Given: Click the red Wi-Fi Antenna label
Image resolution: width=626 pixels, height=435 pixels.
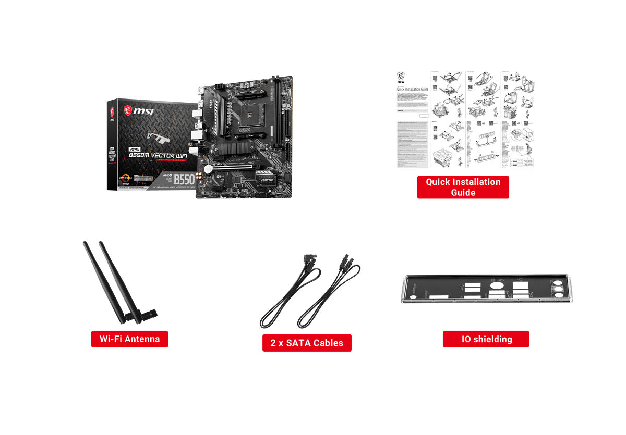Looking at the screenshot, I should coord(129,339).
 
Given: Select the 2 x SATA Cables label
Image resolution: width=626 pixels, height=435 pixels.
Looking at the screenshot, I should coord(307,343).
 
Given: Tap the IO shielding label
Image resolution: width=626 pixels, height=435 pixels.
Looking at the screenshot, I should coord(486,339).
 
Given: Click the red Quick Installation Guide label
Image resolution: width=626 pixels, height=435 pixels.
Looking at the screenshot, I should coord(463,187).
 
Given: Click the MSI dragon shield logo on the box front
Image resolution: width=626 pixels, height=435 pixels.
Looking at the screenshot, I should coord(128,110).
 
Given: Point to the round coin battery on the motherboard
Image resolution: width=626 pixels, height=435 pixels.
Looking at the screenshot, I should coord(209,169).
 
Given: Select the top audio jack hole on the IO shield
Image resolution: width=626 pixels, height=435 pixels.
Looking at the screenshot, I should coord(558,286).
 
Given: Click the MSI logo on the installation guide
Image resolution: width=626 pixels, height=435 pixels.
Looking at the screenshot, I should coord(401,78).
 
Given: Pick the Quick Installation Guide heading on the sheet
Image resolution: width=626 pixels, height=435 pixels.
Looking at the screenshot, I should coord(412,89).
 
